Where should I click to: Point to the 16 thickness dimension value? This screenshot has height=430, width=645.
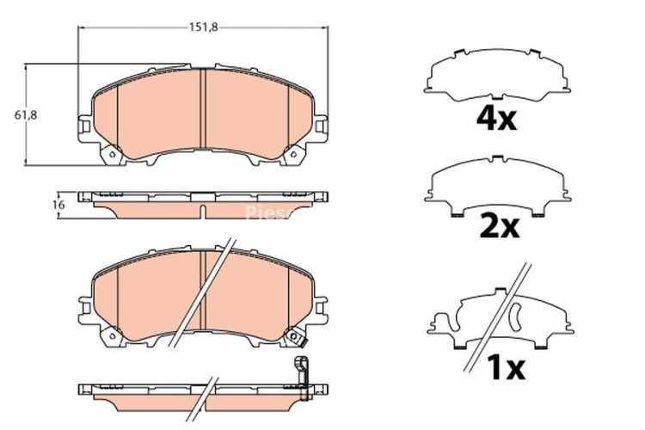pos(58,206)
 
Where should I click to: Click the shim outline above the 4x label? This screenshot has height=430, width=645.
pos(497,75)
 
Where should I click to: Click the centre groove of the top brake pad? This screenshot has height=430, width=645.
pos(201,112)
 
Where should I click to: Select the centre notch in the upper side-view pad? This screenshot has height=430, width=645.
pos(202,212)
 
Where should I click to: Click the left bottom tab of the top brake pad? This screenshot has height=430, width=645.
pos(109,156)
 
